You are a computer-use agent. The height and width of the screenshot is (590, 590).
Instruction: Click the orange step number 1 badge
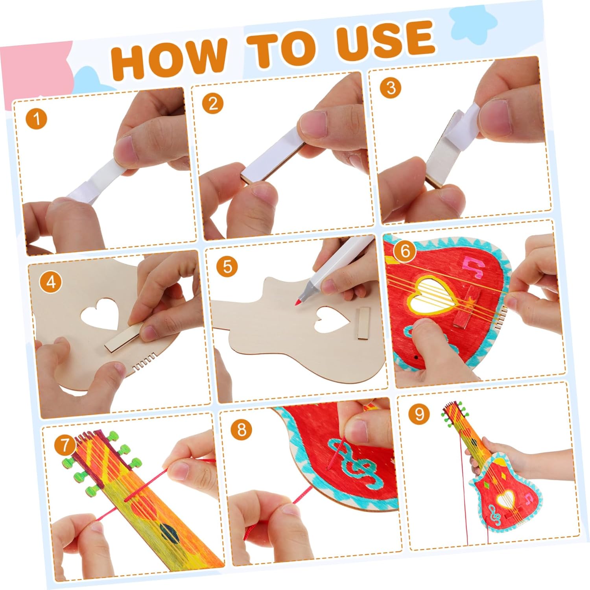click(37, 118)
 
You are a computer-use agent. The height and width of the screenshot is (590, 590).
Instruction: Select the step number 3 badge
click(391, 88)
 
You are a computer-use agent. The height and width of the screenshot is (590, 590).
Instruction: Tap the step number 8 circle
click(241, 430)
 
